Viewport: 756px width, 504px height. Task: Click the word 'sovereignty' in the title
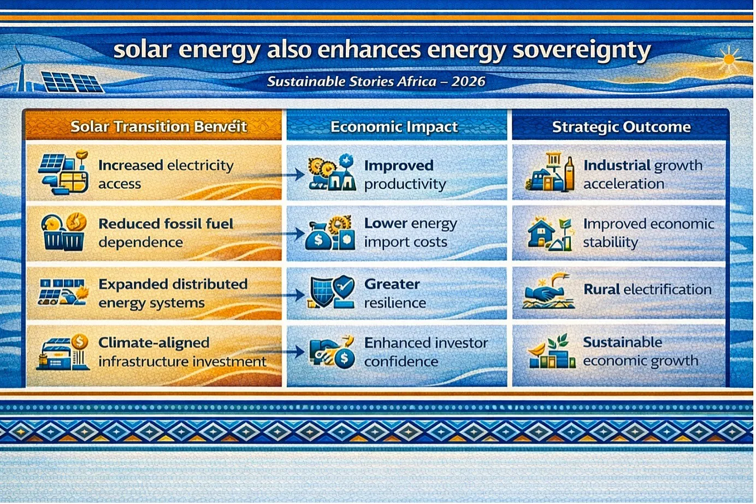pos(581,51)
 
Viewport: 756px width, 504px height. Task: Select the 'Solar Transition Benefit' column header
pos(158,127)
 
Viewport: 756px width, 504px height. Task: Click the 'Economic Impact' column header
pos(394,127)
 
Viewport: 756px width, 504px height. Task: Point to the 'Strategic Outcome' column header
pos(621,127)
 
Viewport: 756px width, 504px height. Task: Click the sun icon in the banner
pos(729,60)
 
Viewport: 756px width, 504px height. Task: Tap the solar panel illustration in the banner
pos(72,82)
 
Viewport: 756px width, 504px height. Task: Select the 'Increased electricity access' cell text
pos(166,174)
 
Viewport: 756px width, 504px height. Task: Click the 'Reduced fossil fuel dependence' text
pos(166,233)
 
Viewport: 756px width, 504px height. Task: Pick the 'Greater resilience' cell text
pos(395,294)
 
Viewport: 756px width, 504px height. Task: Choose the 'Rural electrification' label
pos(647,290)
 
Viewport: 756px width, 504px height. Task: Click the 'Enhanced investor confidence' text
pos(426,352)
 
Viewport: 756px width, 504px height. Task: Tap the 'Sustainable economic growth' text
pos(640,351)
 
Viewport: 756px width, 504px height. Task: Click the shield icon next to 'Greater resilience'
pos(323,291)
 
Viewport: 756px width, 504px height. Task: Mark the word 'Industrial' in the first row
pos(617,166)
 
